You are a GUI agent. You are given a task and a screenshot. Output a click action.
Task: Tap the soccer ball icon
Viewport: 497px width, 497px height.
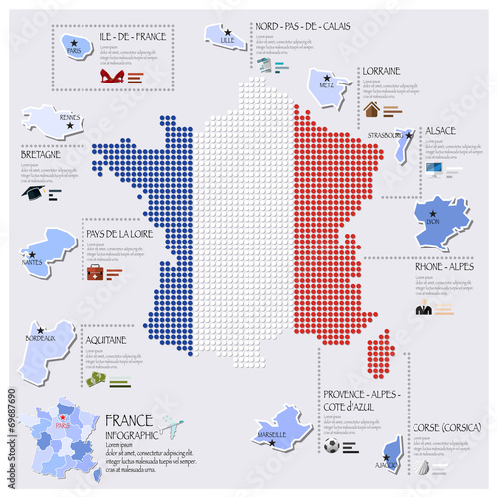pyautogui.click(x=331, y=447)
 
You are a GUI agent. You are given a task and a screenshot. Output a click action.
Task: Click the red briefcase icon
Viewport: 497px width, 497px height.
pyautogui.click(x=95, y=271)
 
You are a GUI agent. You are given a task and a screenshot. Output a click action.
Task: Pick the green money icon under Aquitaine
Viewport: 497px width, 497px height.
pyautogui.click(x=95, y=379)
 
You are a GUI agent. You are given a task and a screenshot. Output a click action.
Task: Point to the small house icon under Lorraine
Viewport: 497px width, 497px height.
pyautogui.click(x=371, y=109)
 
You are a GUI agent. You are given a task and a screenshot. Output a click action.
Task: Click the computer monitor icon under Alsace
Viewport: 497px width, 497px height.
pyautogui.click(x=434, y=168)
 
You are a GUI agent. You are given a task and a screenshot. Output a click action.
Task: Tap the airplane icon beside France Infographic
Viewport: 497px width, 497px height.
pyautogui.click(x=171, y=427)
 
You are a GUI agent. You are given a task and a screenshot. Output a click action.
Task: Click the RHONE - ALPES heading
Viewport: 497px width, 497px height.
pyautogui.click(x=442, y=265)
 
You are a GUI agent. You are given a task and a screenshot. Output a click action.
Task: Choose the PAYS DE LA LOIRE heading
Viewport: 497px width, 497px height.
pyautogui.click(x=116, y=235)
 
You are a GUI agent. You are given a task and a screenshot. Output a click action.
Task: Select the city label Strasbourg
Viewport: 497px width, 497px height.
pyautogui.click(x=384, y=134)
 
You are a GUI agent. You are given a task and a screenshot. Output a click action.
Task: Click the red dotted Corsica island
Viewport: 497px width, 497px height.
pyautogui.click(x=379, y=353)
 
